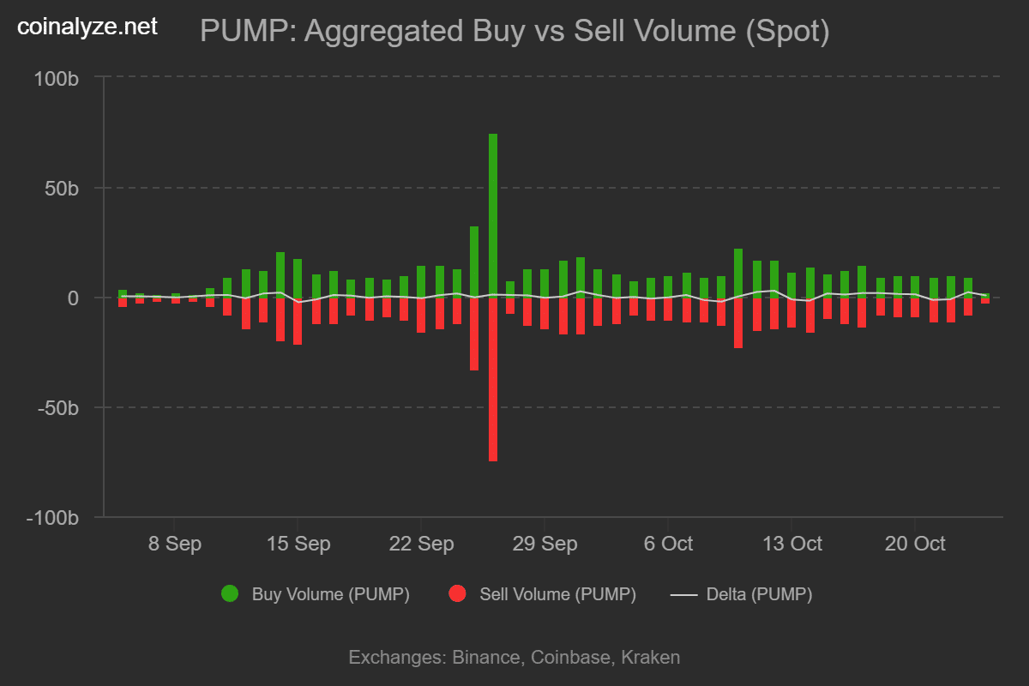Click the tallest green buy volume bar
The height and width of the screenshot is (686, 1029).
click(493, 214)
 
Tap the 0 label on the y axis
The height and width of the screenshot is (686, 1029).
click(74, 298)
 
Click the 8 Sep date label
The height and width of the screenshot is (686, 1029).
click(174, 545)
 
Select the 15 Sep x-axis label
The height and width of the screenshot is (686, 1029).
click(298, 545)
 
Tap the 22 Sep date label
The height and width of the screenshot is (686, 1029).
click(421, 545)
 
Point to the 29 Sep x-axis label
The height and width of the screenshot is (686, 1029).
click(545, 545)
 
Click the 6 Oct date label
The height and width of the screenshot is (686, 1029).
click(667, 545)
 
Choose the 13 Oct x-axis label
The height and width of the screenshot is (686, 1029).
click(791, 545)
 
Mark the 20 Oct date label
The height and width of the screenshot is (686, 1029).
click(914, 545)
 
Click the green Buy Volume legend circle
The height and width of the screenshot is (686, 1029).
click(230, 594)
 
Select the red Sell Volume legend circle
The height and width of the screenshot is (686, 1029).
click(457, 594)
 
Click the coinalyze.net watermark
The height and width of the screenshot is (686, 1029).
click(87, 27)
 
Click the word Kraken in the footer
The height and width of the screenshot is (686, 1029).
click(651, 658)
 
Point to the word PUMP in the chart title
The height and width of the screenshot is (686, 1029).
click(245, 32)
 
